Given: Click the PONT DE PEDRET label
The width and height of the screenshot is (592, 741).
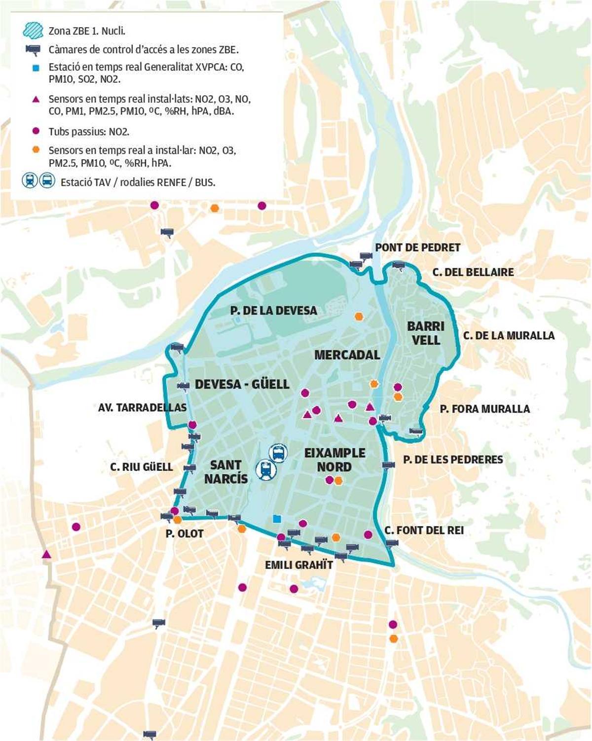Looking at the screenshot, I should coord(417,247).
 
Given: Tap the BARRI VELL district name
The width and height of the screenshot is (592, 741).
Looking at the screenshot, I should coord(426,333).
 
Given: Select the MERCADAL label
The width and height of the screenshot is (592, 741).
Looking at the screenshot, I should coord(347,355).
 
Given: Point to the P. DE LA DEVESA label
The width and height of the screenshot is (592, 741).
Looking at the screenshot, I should coord(273,311).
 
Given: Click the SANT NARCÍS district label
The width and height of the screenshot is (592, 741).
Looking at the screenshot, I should coord(226,472).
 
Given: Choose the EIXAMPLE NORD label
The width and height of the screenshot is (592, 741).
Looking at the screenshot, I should coord(334,459).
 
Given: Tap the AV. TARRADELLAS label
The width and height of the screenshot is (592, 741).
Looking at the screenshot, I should coord(142,408).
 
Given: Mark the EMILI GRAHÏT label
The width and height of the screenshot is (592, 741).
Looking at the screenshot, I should coord(299,565).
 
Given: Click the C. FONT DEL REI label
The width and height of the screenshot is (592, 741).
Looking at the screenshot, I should coord(424,530).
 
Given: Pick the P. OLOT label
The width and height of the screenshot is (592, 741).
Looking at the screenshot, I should coord(185,533).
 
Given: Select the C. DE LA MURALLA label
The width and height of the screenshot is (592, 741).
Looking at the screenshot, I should coord(509,336).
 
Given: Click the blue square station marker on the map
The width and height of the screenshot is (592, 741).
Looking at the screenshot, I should coord(277,519).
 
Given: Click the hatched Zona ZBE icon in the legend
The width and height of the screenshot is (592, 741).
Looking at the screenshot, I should coord(33,31).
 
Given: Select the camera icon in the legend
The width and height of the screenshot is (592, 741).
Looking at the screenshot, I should coord(34,49).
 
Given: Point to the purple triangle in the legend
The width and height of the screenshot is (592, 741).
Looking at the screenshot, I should coord(36,100).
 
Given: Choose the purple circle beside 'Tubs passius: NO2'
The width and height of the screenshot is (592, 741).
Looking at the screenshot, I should coord(36,131).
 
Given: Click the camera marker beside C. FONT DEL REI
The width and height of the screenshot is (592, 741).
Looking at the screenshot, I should coord(392,543).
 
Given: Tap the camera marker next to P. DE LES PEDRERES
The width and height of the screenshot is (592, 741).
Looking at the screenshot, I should coord(388,465).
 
